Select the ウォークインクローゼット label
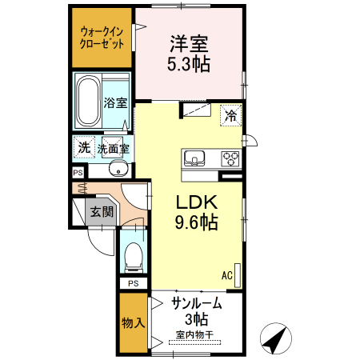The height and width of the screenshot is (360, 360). (x=102, y=38)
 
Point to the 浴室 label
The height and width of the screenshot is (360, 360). (x=116, y=102)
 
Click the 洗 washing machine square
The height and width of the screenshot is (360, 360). (x=83, y=147)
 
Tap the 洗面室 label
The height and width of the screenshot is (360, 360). (x=114, y=148)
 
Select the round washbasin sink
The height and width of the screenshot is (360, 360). (x=118, y=169)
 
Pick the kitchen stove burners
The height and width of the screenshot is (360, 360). (x=231, y=157)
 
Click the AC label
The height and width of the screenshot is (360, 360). (x=227, y=274)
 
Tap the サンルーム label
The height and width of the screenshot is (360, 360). (x=197, y=303)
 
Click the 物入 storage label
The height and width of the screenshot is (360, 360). (x=133, y=323)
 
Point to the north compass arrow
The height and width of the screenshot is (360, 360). (x=276, y=339)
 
